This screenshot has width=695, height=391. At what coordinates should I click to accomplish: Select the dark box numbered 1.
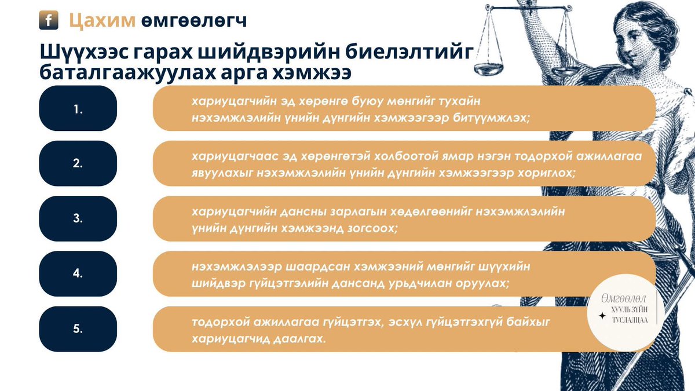tap(78, 108)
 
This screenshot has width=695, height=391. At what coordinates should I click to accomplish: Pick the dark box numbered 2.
tap(78, 163)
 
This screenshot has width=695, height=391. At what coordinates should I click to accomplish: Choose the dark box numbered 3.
tap(78, 218)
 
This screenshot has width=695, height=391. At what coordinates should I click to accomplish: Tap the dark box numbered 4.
tap(78, 273)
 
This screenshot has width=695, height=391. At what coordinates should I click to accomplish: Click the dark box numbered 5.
tap(78, 328)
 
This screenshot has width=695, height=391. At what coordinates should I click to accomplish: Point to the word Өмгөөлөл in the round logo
tap(623, 299)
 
